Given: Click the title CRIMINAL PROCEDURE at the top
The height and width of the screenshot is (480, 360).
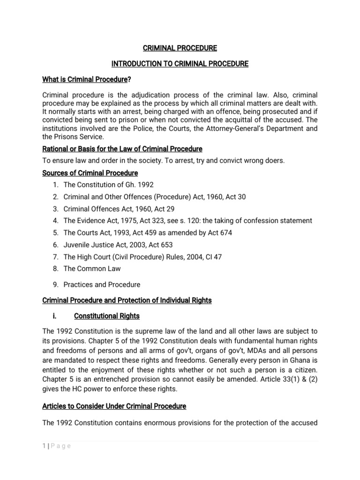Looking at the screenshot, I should point(180,48).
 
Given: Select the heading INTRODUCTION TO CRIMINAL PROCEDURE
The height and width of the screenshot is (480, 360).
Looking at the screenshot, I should point(180,64).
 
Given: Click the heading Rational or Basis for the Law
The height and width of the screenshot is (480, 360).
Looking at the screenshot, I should point(122,149).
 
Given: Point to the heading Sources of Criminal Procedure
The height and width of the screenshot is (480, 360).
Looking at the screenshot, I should point(90,173).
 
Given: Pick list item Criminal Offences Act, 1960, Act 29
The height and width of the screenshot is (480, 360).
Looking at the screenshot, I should point(119,209).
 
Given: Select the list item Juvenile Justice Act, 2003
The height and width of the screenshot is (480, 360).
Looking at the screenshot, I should point(118,245).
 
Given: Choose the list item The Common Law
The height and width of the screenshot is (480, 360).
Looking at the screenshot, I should point(92,269).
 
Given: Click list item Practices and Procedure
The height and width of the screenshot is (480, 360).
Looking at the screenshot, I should point(102,285).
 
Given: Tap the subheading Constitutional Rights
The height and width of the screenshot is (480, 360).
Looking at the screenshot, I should point(107,316).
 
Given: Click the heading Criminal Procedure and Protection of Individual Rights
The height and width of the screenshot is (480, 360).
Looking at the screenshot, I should point(127,300).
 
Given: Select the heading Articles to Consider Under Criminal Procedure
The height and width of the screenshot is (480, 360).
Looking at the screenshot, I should point(114,406).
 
